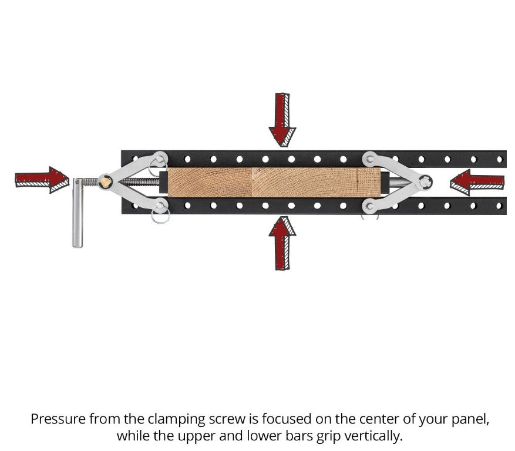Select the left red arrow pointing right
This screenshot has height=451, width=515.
[42, 179]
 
